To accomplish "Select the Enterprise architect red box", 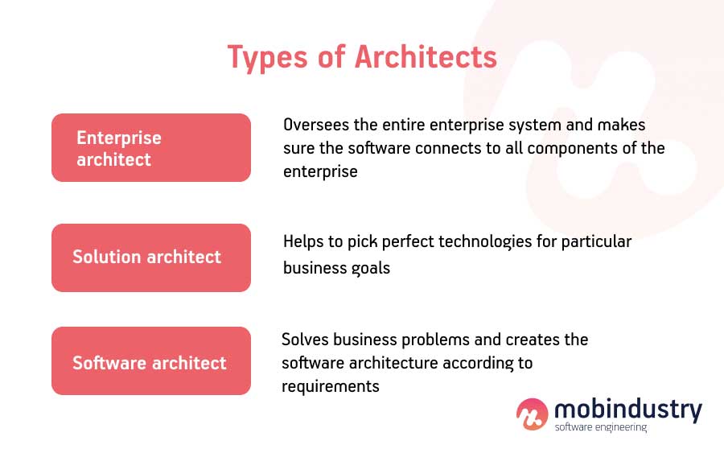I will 151,148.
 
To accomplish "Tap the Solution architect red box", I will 151,257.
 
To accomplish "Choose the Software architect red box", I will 151,361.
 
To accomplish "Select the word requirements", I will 330,386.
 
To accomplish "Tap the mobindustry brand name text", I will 627,409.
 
